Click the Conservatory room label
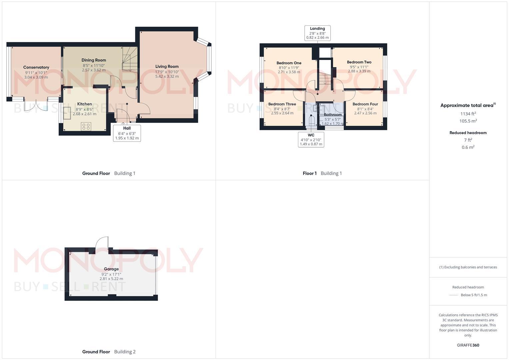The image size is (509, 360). pyautogui.click(x=36, y=67)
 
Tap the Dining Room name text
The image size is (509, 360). pyautogui.click(x=94, y=60)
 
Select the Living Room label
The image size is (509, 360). pyautogui.click(x=167, y=67)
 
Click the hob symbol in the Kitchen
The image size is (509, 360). pyautogui.click(x=86, y=126)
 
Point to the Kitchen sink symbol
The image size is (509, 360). pyautogui.click(x=68, y=113)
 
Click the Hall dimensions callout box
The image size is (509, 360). pyautogui.click(x=127, y=133)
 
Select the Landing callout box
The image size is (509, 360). pyautogui.click(x=317, y=33)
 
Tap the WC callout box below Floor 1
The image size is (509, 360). pyautogui.click(x=311, y=139)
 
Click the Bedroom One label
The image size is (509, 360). pyautogui.click(x=289, y=63)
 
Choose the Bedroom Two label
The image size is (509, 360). pyautogui.click(x=359, y=62)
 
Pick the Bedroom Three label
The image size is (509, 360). pyautogui.click(x=282, y=104)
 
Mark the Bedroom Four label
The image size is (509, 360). pyautogui.click(x=365, y=104)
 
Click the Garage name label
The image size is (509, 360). pyautogui.click(x=111, y=269)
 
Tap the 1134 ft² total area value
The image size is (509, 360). pyautogui.click(x=468, y=114)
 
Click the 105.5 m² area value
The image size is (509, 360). pyautogui.click(x=468, y=121)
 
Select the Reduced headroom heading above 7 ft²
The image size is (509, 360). pyautogui.click(x=468, y=133)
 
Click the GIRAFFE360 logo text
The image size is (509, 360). pyautogui.click(x=468, y=345)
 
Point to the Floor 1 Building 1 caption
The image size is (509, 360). pyautogui.click(x=322, y=173)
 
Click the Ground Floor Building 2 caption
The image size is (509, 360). pyautogui.click(x=109, y=352)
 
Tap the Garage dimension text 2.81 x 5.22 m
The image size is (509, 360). pyautogui.click(x=111, y=279)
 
